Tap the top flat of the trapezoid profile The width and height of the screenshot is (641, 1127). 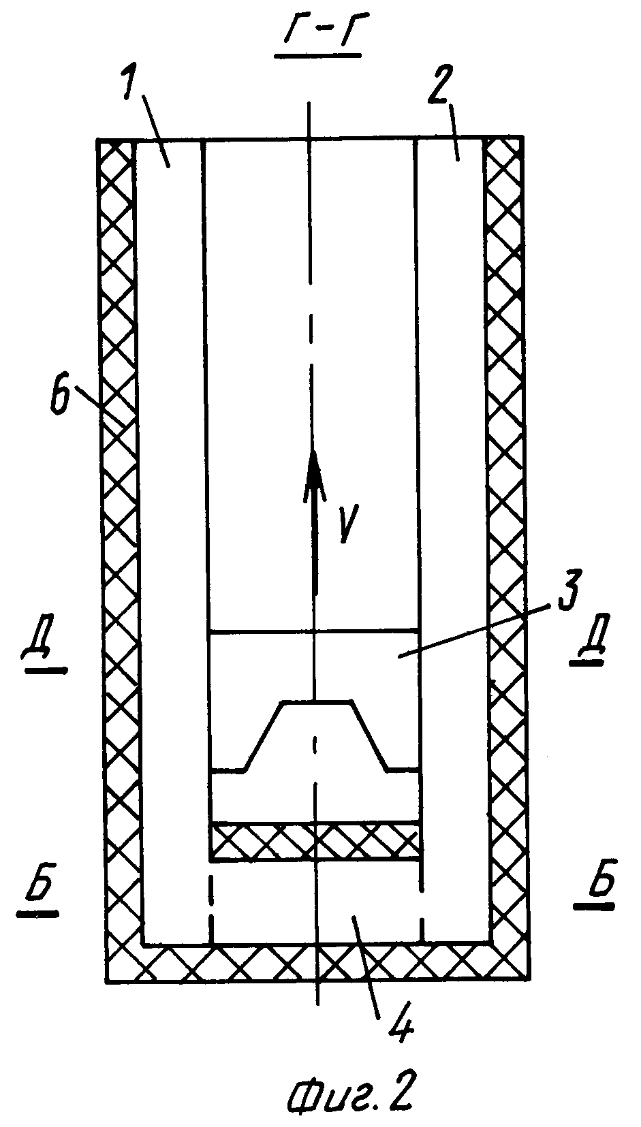tap(317, 702)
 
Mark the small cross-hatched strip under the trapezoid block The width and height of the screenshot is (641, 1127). tap(315, 841)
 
